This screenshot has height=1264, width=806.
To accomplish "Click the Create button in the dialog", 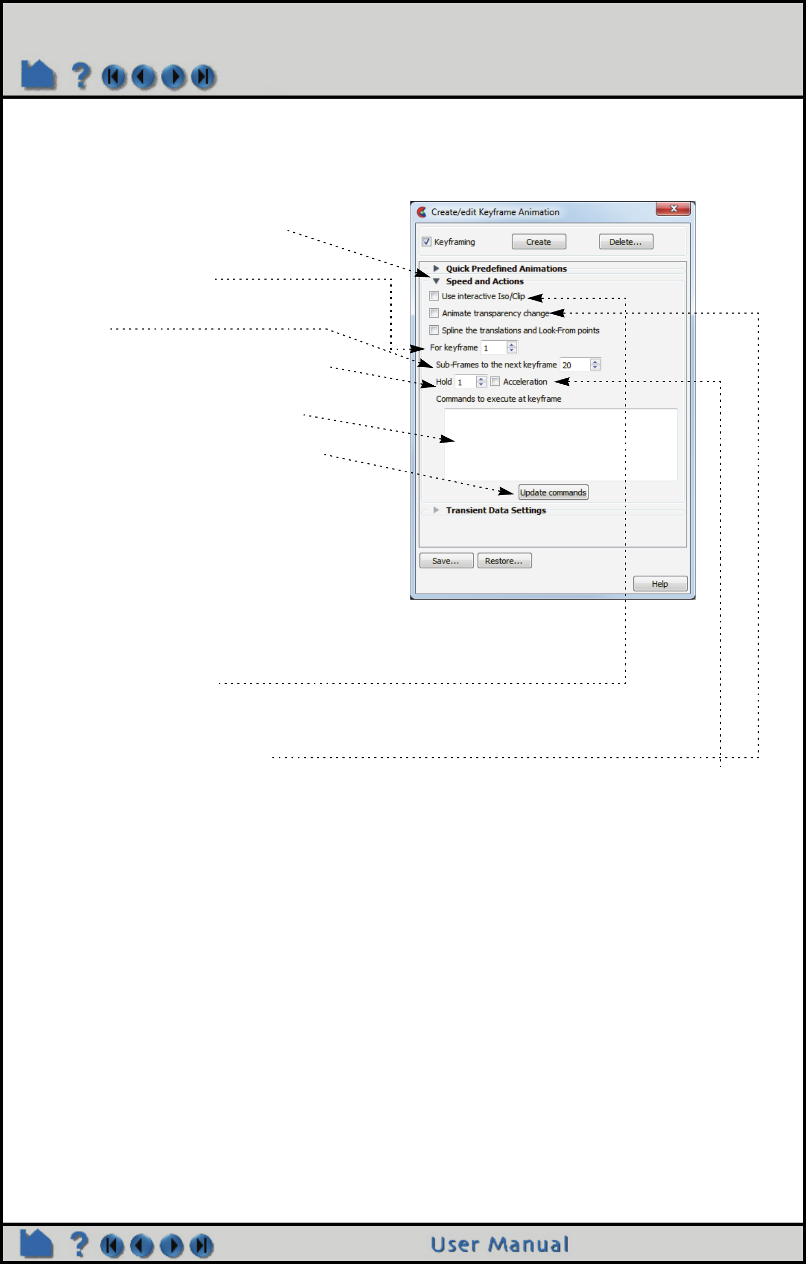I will tap(538, 242).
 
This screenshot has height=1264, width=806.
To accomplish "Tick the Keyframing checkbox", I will tap(426, 242).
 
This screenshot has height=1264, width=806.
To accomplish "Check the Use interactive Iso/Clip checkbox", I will tap(434, 296).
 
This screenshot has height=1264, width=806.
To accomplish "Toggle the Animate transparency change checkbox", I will tap(434, 313).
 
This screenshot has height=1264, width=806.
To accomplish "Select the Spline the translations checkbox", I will tap(434, 330).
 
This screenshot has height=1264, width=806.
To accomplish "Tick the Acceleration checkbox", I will tap(495, 382).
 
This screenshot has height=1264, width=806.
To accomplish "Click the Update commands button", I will tap(553, 492).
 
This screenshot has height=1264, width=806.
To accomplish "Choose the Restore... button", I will tap(504, 561).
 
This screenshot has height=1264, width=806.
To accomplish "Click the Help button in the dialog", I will tap(660, 584).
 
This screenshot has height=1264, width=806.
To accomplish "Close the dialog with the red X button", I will tap(673, 209).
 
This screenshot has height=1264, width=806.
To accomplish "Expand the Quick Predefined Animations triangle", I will tap(436, 269).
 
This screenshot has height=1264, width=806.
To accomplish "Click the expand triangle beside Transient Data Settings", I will tap(436, 510).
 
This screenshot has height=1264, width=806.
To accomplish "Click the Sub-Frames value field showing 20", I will tap(575, 365).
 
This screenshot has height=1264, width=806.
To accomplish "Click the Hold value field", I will tap(465, 382).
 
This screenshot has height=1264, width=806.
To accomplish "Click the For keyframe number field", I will tap(493, 348).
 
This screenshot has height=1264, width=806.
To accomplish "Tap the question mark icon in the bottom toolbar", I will tap(79, 1244).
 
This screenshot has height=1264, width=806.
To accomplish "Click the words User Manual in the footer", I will tap(499, 1245).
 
